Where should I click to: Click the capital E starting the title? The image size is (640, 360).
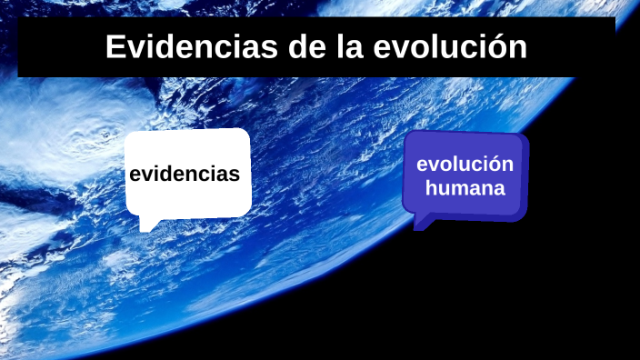(x=115, y=47)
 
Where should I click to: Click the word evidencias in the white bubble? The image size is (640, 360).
(x=185, y=174)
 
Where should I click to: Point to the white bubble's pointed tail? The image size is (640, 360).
(x=146, y=224)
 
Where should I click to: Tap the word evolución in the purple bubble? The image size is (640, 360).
(x=465, y=165)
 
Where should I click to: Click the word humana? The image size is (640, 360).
(x=465, y=189)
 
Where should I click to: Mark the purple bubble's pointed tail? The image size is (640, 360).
(x=421, y=224)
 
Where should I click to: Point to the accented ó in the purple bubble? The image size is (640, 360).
(x=491, y=165)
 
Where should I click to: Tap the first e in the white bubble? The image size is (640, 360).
(x=135, y=175)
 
